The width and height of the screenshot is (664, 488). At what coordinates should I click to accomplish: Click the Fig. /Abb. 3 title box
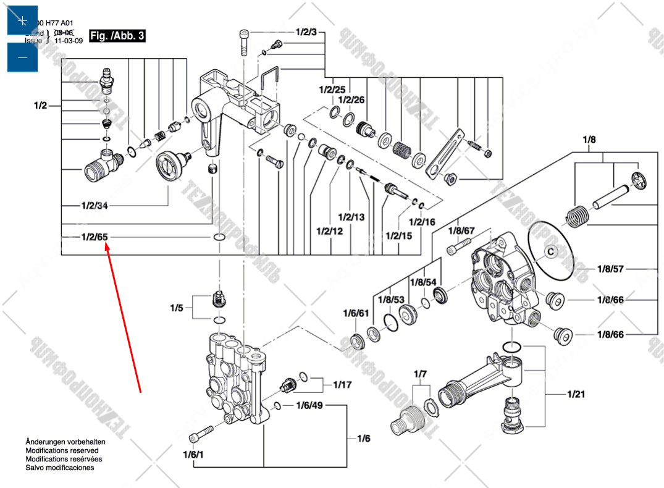(x=117, y=36)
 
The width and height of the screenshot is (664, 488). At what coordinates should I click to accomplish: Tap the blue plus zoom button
(x=22, y=21)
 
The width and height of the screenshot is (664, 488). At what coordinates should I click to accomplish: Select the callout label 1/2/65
(x=95, y=237)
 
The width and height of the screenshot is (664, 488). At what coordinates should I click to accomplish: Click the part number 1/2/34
(x=95, y=205)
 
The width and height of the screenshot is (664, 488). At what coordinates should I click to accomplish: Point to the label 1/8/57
(x=610, y=269)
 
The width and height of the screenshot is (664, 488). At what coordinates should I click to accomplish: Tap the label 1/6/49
(x=309, y=405)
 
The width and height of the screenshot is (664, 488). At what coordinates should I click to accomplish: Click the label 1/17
(x=342, y=384)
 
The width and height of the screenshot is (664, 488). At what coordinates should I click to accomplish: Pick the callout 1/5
(x=177, y=307)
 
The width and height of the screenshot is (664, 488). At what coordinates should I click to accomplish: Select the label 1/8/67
(x=461, y=230)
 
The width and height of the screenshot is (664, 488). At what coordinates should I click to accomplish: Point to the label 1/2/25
(x=332, y=90)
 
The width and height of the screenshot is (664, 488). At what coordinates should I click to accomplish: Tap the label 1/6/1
(x=193, y=455)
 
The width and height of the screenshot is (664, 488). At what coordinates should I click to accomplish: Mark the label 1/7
(x=421, y=374)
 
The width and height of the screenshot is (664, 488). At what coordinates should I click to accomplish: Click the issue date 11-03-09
(x=69, y=41)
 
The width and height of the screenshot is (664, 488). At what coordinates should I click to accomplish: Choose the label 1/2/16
(x=422, y=222)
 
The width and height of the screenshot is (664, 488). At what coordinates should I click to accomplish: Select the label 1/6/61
(x=356, y=313)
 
